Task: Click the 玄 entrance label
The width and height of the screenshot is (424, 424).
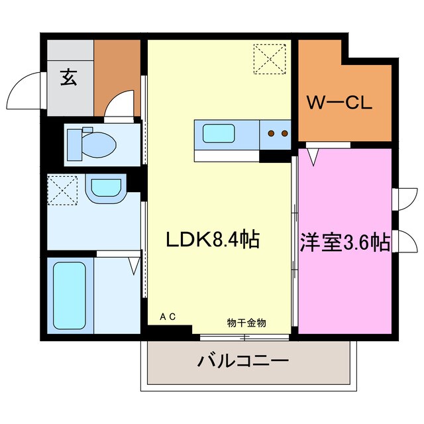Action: tap(68, 78)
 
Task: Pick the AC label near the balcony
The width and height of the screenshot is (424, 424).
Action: tap(168, 317)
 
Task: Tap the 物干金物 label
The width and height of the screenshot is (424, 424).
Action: tap(246, 323)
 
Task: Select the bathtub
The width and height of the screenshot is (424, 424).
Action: tap(66, 295)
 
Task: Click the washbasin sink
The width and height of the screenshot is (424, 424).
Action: tap(106, 187)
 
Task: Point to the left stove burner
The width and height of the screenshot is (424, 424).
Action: tap(272, 133)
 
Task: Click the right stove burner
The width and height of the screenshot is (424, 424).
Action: tap(284, 133)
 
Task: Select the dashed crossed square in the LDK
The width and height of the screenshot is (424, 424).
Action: tap(270, 59)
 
